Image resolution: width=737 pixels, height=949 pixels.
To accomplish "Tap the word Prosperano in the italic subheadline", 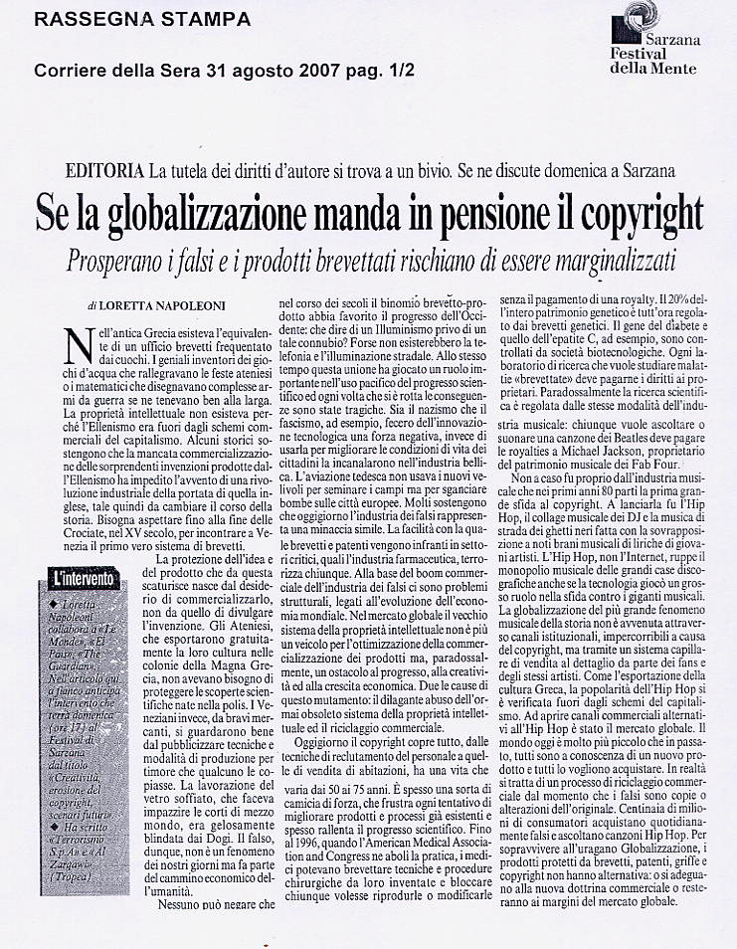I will (x=110, y=260).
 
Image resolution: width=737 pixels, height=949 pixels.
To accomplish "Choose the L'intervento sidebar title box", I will (x=86, y=578).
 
